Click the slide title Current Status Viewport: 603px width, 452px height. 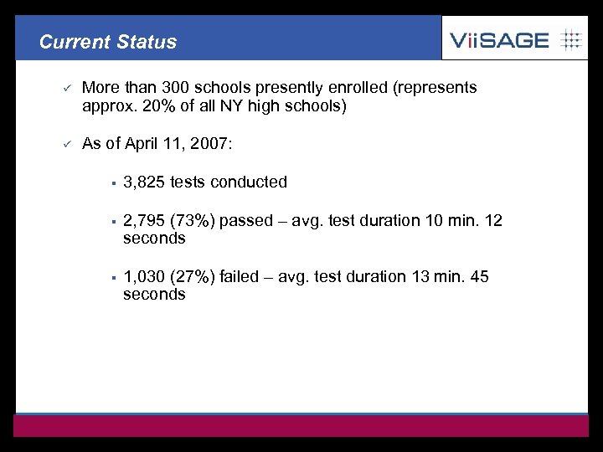[108, 42]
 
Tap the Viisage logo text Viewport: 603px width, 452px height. [499, 39]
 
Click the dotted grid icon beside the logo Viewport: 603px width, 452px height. [570, 39]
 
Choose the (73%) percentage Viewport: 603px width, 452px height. [192, 221]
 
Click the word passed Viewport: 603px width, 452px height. [246, 221]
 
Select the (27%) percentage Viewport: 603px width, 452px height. [192, 277]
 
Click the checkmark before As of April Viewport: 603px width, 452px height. [63, 144]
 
